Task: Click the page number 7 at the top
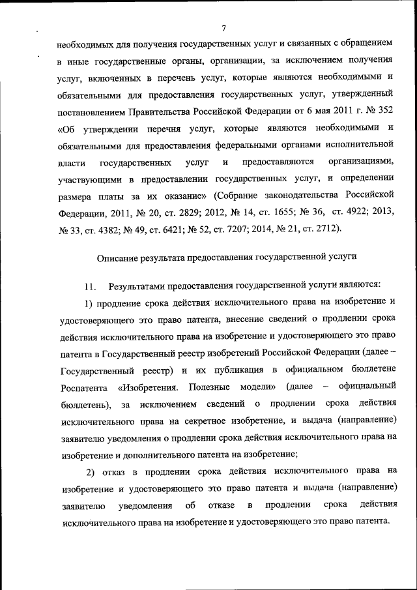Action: coord(223,27)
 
